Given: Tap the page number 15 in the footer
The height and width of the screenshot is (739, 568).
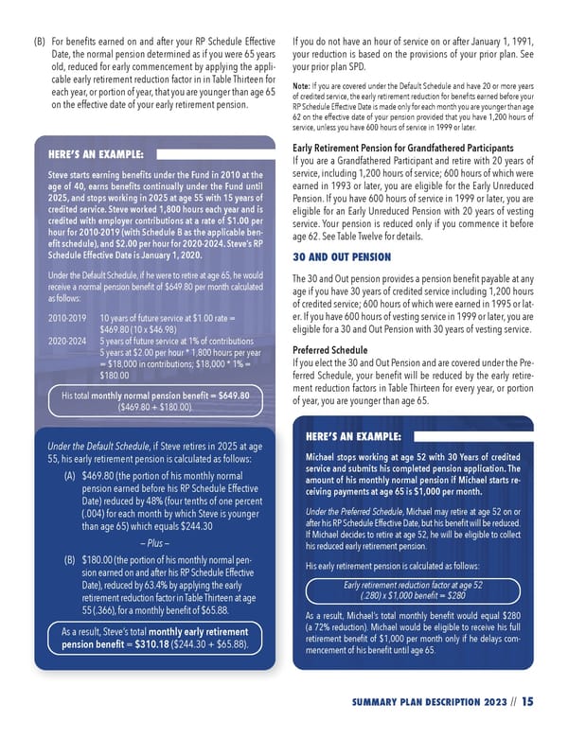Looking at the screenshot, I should (x=526, y=701).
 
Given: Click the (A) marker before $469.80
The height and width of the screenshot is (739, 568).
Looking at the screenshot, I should (x=70, y=475).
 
